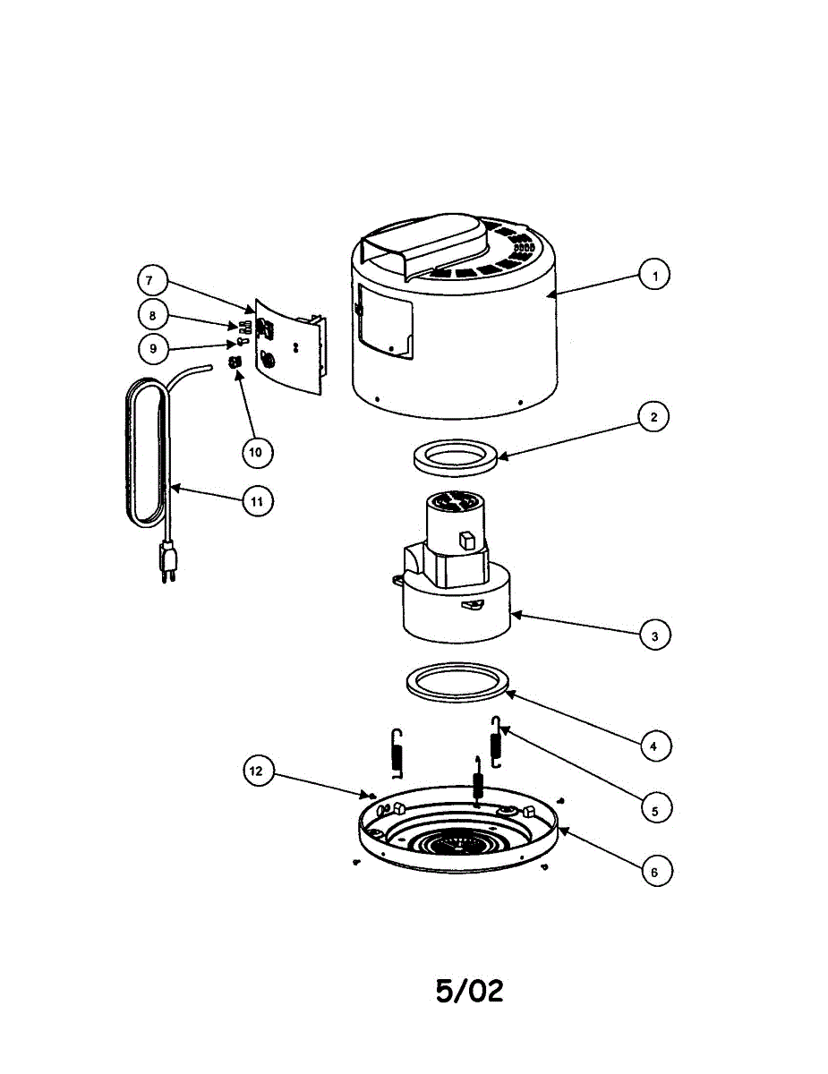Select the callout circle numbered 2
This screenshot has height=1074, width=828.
point(653,416)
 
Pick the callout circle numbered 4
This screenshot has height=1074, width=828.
point(655,746)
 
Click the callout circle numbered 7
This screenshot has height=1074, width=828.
point(153,280)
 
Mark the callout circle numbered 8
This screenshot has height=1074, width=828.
point(153,315)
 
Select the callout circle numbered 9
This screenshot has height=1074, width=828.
point(153,348)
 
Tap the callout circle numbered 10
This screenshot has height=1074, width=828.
point(257,452)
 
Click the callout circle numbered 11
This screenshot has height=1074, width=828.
point(257,501)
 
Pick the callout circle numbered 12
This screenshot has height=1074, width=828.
point(258,771)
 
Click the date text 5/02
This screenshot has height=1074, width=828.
point(469,991)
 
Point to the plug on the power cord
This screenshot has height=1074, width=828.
point(167,562)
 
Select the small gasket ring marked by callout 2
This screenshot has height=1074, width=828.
point(456,457)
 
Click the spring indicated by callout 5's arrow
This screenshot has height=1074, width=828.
point(496,741)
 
